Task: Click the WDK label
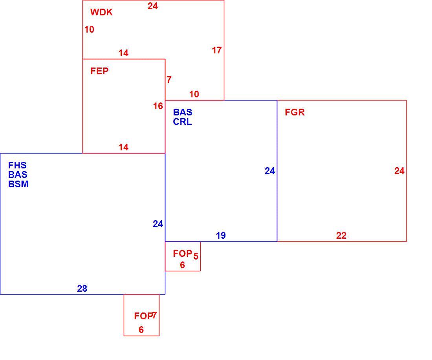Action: point(101,12)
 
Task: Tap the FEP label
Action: point(99,71)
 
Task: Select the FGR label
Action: point(295,112)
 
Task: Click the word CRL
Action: point(182,122)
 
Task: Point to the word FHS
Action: point(17,165)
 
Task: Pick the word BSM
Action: point(18,184)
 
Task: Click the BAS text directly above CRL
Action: point(183,112)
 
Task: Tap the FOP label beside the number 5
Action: point(182,254)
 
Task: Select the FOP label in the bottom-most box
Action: point(143,316)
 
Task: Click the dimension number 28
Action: point(82,289)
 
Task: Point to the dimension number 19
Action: point(221,236)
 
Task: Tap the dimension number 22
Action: point(341,236)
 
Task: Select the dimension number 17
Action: point(217,50)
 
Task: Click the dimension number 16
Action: point(158,106)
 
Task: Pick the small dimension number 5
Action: point(196,256)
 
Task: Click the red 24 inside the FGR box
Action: point(399,171)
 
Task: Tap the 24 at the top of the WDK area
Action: point(153,6)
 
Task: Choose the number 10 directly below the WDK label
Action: point(89,29)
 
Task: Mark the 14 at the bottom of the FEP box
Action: point(123,147)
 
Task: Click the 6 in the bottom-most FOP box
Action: point(141,330)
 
